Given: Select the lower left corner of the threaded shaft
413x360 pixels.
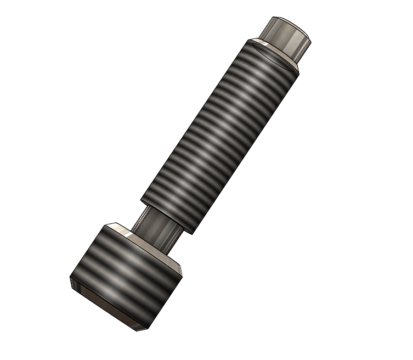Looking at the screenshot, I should [x=141, y=199].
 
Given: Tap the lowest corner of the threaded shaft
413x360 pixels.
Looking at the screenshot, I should [x=191, y=234].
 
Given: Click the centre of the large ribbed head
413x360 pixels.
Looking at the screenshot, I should [x=126, y=274].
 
